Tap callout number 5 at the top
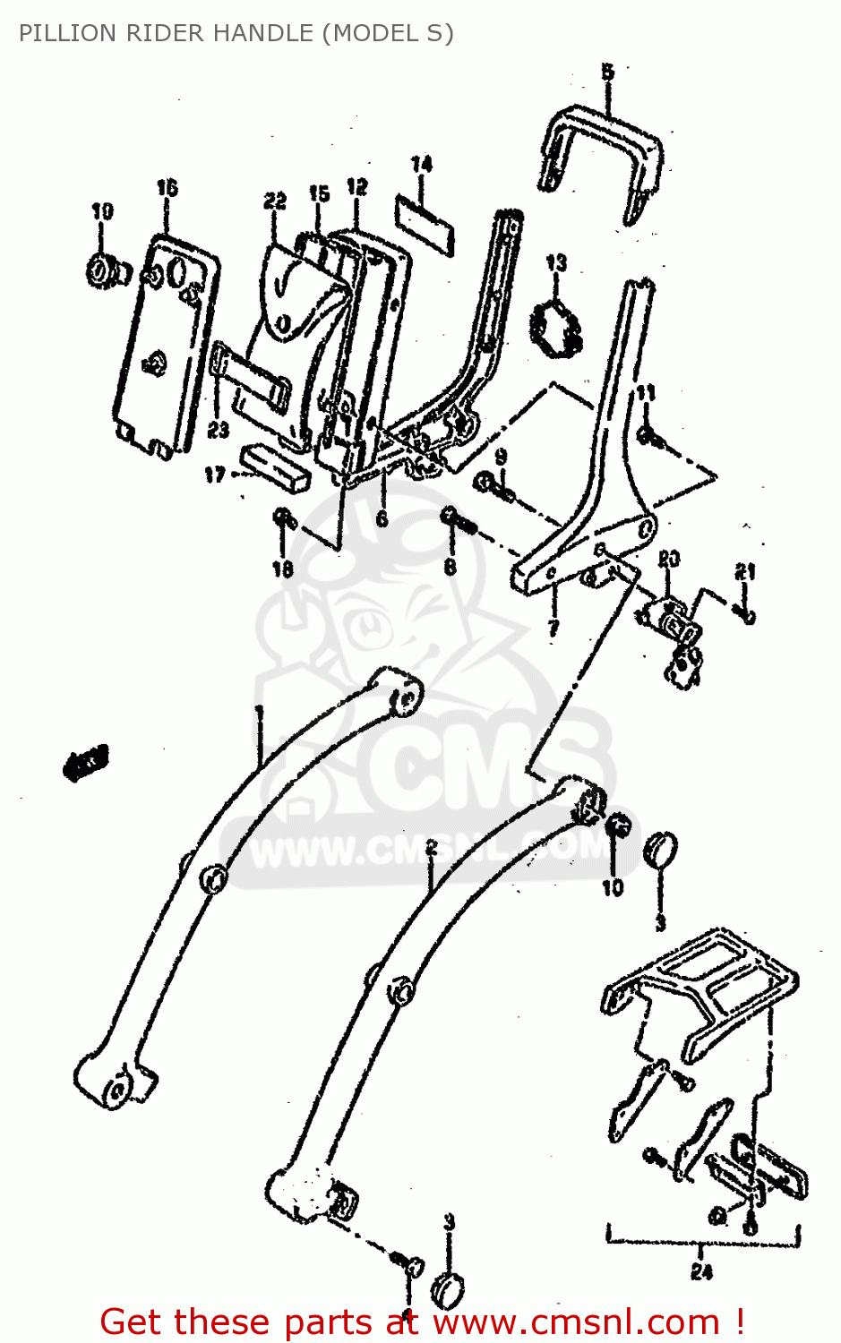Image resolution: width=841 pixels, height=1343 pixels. (x=607, y=73)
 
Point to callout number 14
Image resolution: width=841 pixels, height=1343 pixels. (x=421, y=164)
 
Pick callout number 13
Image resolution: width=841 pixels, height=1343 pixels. (x=556, y=262)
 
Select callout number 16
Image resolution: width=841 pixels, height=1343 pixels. (x=167, y=187)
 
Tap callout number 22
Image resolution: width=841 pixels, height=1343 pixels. (x=274, y=201)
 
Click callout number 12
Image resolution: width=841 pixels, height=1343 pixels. (x=356, y=186)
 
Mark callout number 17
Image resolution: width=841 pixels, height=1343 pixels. (x=215, y=475)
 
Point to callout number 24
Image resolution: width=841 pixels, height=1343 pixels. (x=701, y=1271)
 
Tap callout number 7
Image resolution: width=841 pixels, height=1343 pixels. (x=553, y=626)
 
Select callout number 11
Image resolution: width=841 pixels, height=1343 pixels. (x=646, y=392)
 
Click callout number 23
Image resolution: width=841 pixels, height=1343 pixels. (x=218, y=430)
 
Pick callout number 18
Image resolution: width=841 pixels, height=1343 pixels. (x=282, y=569)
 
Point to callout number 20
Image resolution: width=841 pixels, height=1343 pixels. (x=668, y=559)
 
